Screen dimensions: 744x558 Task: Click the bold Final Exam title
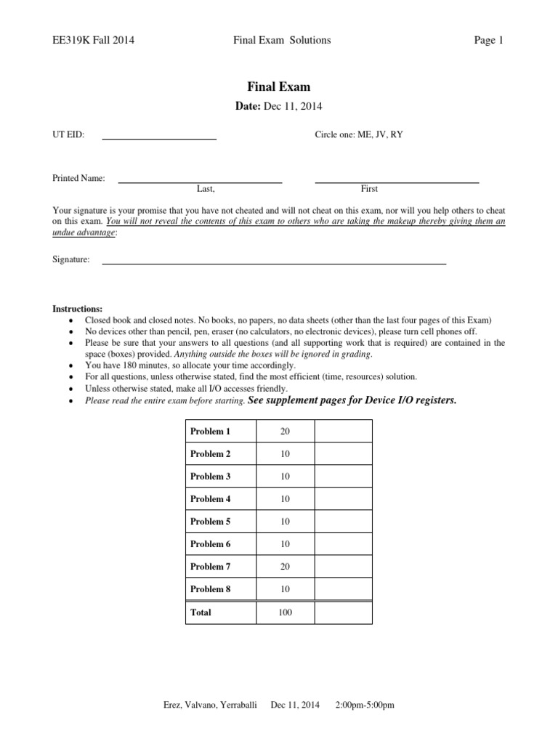[279, 87]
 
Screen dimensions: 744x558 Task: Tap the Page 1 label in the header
[488, 41]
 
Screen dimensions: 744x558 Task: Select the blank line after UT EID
[159, 137]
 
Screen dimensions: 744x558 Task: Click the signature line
[274, 262]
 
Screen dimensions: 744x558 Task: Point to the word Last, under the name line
[206, 189]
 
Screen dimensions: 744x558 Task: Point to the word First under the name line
[369, 189]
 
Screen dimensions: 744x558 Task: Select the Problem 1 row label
[210, 432]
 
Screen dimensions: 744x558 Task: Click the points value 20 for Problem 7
[285, 567]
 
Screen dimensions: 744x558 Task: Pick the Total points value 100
[285, 612]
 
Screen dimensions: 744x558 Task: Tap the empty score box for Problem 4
[342, 499]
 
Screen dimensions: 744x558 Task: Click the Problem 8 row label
[210, 589]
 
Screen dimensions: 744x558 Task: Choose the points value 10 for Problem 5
[285, 522]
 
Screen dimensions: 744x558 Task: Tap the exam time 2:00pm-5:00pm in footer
[365, 705]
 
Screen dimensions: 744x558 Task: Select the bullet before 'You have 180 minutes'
[70, 366]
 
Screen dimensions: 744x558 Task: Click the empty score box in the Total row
[342, 612]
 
